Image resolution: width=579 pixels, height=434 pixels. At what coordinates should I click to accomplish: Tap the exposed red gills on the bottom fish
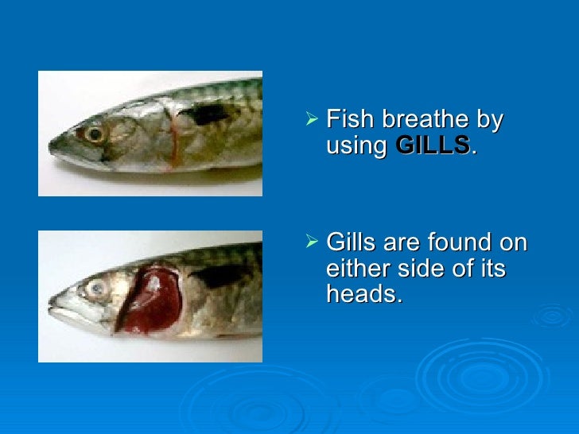click(153, 298)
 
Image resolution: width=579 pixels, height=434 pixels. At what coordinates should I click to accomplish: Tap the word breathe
click(424, 121)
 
